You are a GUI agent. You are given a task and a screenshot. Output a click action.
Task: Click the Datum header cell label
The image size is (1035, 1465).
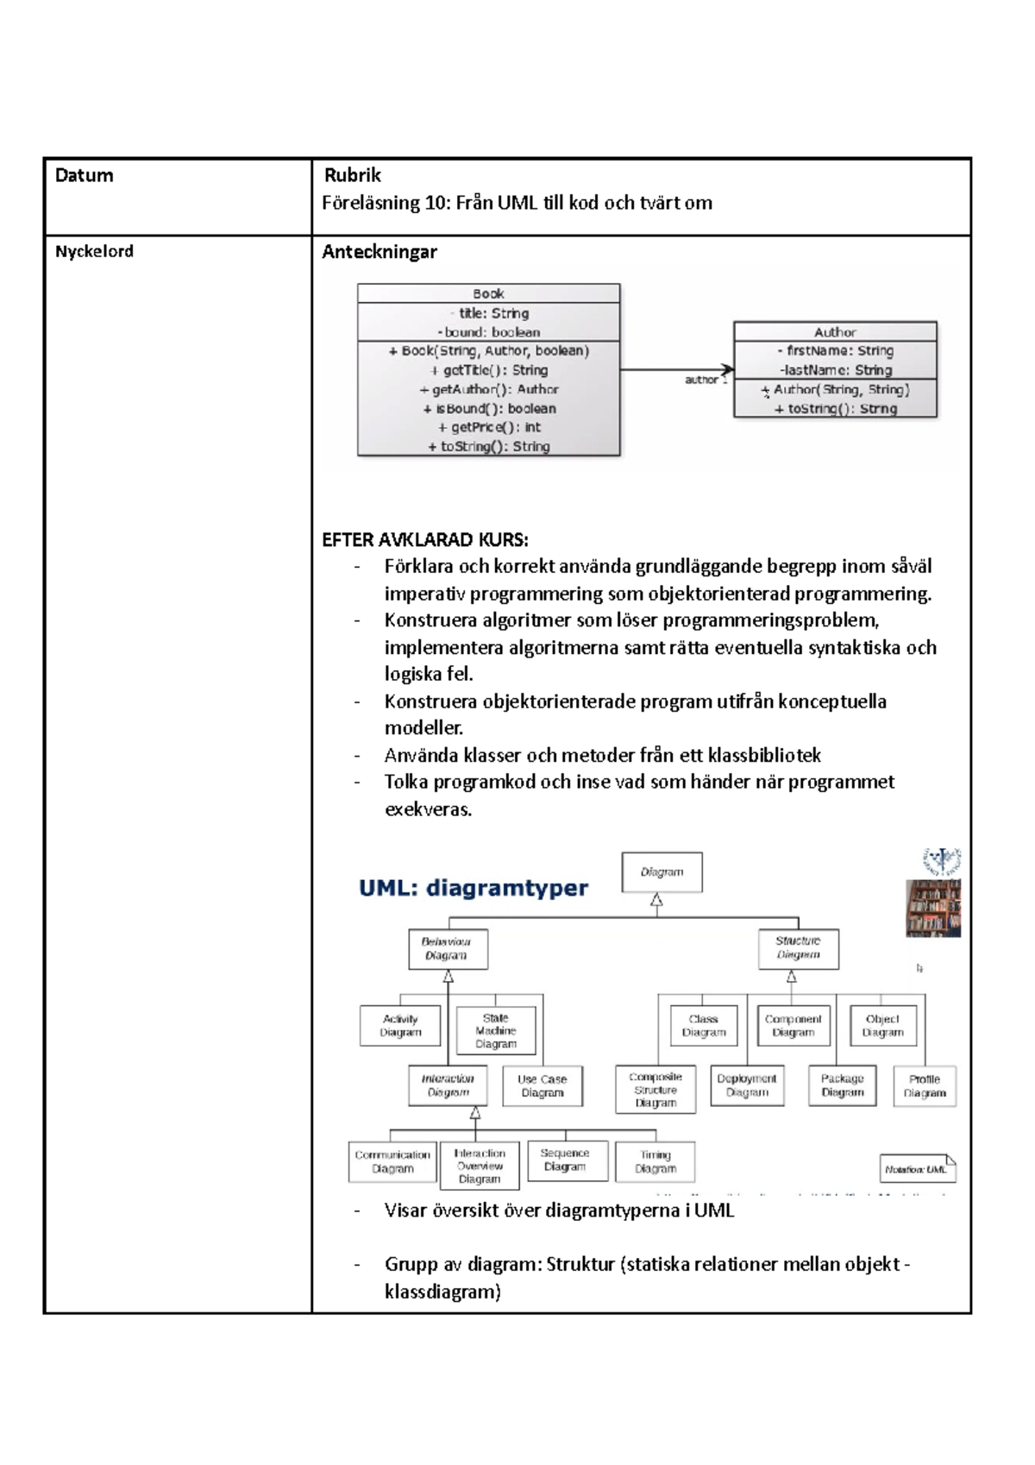(x=84, y=175)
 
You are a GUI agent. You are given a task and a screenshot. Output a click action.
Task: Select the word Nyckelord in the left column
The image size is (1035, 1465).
(x=94, y=251)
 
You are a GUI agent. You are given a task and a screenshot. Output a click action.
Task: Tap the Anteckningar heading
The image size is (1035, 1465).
(x=379, y=252)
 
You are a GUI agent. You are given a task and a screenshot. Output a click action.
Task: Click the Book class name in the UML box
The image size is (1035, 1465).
(x=488, y=293)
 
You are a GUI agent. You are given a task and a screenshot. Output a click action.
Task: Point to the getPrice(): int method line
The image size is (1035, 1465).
(x=489, y=427)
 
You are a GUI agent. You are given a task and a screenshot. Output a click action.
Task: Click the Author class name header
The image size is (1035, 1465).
(x=834, y=332)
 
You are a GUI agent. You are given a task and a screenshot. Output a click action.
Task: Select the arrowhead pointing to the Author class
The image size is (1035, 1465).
(x=727, y=370)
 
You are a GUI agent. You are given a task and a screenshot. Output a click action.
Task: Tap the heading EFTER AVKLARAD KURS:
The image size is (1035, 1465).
(x=425, y=540)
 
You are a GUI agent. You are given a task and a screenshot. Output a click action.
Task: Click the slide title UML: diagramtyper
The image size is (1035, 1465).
(x=473, y=888)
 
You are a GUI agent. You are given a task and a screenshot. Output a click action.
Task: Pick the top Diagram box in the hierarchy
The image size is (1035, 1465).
(x=662, y=872)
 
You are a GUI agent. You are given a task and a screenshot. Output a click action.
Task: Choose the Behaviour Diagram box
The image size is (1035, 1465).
(x=448, y=948)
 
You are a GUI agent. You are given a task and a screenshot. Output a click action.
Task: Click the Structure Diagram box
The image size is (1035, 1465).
(x=798, y=948)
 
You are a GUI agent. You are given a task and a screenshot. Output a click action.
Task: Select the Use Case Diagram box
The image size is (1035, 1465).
(x=542, y=1085)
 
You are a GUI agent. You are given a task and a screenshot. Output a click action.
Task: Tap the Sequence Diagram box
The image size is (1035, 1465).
(x=565, y=1160)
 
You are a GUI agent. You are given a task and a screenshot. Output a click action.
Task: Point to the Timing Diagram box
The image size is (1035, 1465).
(x=655, y=1161)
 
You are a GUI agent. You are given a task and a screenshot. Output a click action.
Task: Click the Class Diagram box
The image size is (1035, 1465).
(x=704, y=1026)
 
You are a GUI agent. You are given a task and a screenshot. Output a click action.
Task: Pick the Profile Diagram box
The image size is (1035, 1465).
(x=925, y=1085)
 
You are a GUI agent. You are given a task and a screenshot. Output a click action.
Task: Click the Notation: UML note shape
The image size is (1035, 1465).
(x=917, y=1169)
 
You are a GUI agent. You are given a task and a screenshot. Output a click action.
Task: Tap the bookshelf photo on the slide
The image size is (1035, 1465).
(x=932, y=908)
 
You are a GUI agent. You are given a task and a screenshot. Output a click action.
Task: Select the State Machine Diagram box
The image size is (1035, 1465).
(x=496, y=1031)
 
